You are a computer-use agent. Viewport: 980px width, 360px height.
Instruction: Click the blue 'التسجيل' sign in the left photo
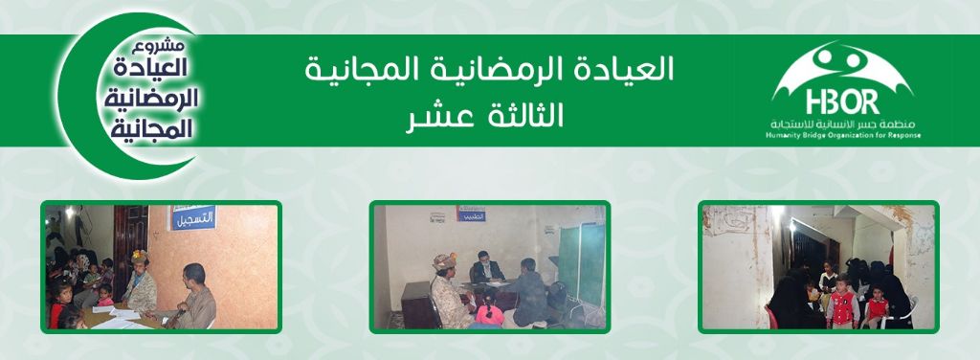(192, 219)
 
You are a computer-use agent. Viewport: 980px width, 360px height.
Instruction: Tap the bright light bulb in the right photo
(778, 213)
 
